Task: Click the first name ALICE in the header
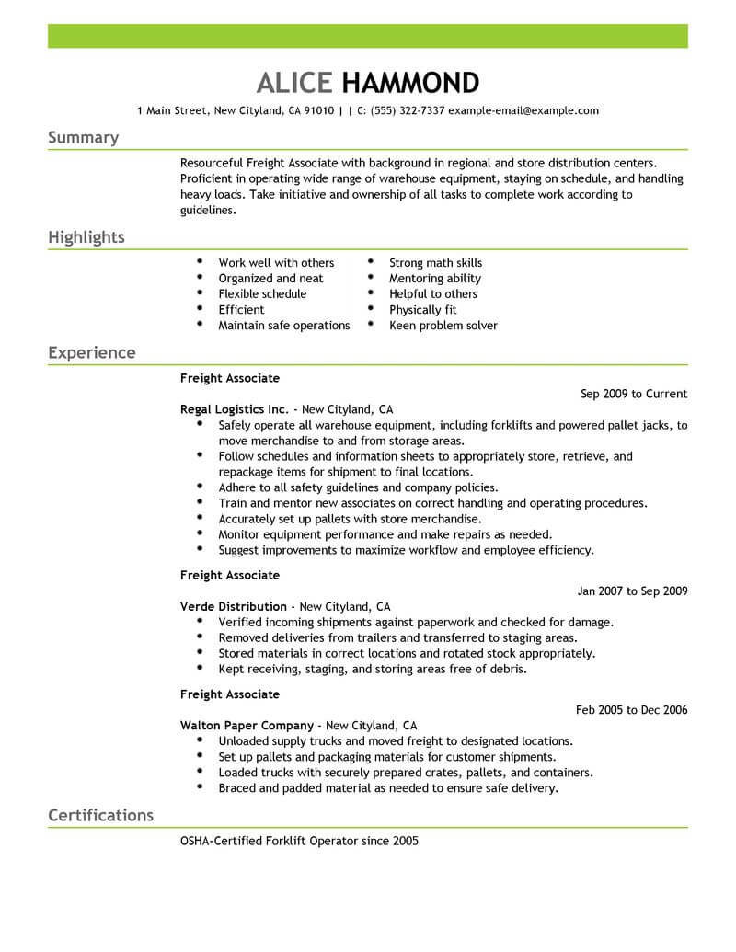pos(293,83)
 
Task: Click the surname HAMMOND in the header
pos(410,83)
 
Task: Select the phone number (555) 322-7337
pos(408,110)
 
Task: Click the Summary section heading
pos(83,138)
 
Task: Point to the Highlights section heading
pos(86,237)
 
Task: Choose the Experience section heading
pos(91,352)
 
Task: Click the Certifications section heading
pos(100,815)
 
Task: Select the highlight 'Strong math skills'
pos(435,263)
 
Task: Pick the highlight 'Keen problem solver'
pos(443,326)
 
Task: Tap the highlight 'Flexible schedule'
pos(262,294)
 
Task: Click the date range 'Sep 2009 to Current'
pos(634,394)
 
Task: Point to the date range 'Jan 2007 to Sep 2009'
pos(632,591)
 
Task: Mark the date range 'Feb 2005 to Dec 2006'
pos(631,710)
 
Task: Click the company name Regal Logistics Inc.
pos(236,409)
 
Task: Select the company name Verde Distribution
pos(234,607)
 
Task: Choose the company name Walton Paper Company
pos(247,726)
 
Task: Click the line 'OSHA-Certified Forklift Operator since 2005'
pos(299,842)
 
